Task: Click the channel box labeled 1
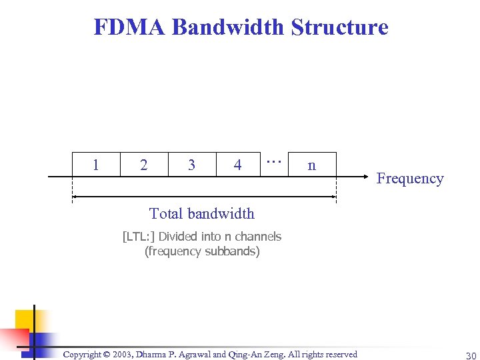pos(96,165)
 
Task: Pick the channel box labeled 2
pos(144,165)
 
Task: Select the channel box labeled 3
pos(192,165)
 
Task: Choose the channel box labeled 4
pos(238,165)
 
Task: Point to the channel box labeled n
pos(311,165)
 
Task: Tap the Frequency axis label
pos(409,179)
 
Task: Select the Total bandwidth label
pos(201,213)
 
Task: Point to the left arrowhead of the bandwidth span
pos(75,197)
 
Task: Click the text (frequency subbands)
pos(202,251)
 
